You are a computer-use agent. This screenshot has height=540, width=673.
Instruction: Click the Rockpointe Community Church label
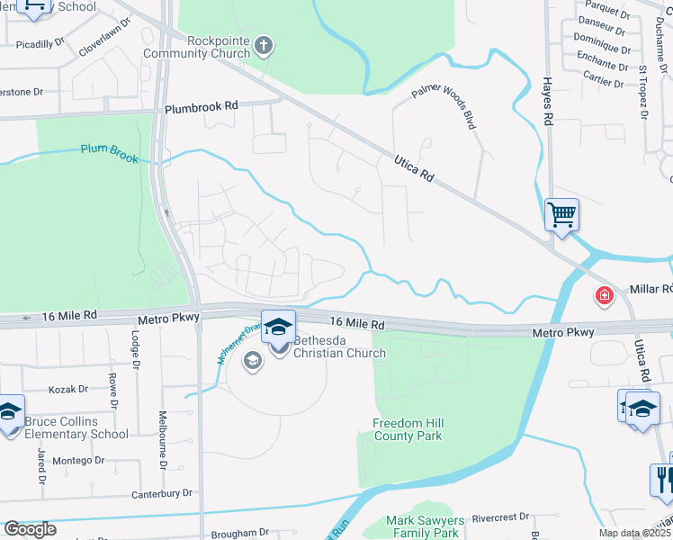point(218,47)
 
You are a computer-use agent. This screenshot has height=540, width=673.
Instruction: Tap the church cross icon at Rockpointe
point(263,44)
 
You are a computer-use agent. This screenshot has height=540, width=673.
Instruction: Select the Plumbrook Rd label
point(202,106)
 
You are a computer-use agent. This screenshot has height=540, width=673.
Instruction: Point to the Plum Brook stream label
point(110,154)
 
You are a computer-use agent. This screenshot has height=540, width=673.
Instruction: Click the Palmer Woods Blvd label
point(444,107)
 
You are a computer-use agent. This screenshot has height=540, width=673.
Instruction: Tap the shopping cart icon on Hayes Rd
point(561,215)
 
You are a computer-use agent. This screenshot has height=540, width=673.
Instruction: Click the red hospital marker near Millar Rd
point(603,294)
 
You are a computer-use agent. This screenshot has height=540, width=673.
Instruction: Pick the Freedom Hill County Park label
point(408,429)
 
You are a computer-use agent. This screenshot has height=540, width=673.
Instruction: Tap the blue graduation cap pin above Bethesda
point(278,325)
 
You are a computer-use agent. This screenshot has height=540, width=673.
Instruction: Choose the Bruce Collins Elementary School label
point(76,427)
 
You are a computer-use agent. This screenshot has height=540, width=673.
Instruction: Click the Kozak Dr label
point(68,390)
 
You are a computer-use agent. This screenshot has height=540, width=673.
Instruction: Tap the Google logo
point(30,529)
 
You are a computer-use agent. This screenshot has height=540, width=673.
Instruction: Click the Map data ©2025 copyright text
point(635,534)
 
